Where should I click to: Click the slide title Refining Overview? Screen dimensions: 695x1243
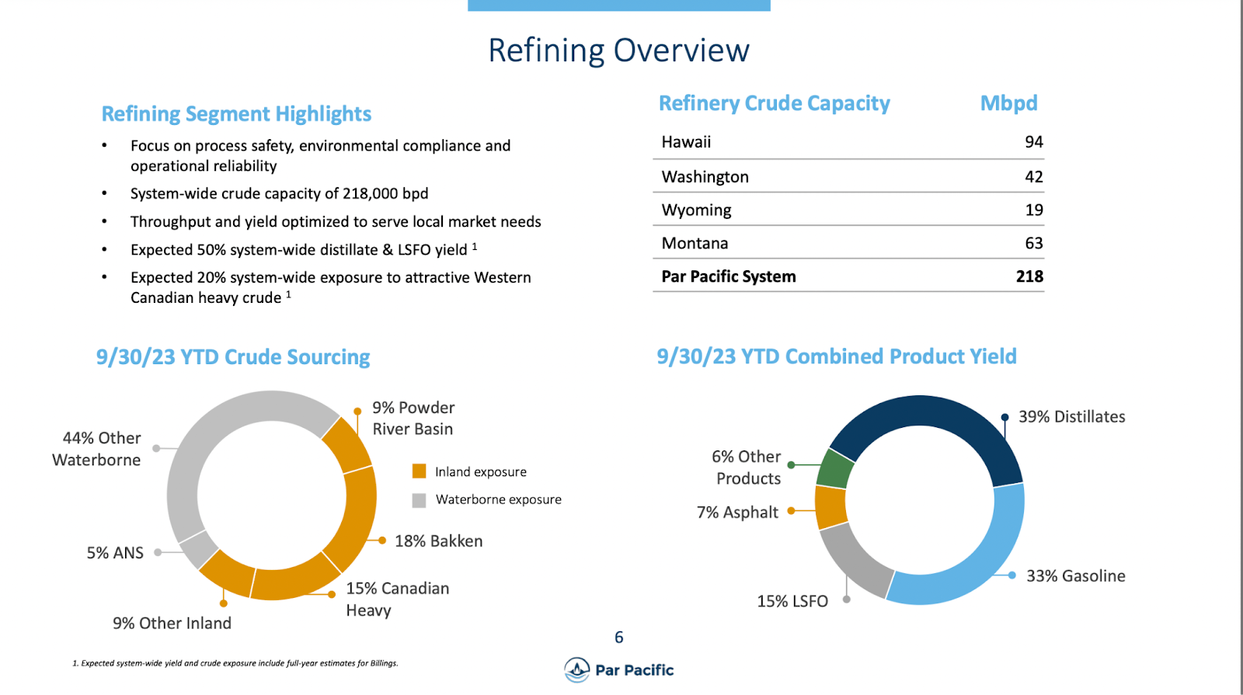click(618, 50)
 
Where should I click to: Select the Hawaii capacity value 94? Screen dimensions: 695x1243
click(1033, 142)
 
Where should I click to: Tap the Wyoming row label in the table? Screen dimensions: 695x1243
click(696, 210)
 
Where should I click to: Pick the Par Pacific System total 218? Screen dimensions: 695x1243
click(1029, 276)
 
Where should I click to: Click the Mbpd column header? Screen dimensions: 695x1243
click(1008, 103)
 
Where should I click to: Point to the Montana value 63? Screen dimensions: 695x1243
click(1033, 244)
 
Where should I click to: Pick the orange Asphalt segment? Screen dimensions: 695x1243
click(830, 507)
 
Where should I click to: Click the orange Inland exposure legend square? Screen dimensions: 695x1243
click(420, 471)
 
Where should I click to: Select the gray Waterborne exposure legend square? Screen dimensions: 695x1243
click(420, 500)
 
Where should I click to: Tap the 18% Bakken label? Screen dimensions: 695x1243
click(438, 541)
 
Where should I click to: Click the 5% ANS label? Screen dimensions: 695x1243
click(115, 553)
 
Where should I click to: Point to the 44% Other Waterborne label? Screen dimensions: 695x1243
click(97, 449)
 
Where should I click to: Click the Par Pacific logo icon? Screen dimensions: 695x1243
click(577, 669)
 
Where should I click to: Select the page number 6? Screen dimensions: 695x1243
click(619, 638)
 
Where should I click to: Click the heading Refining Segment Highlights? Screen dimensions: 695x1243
click(236, 114)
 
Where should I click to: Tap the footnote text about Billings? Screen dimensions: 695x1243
click(235, 663)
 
